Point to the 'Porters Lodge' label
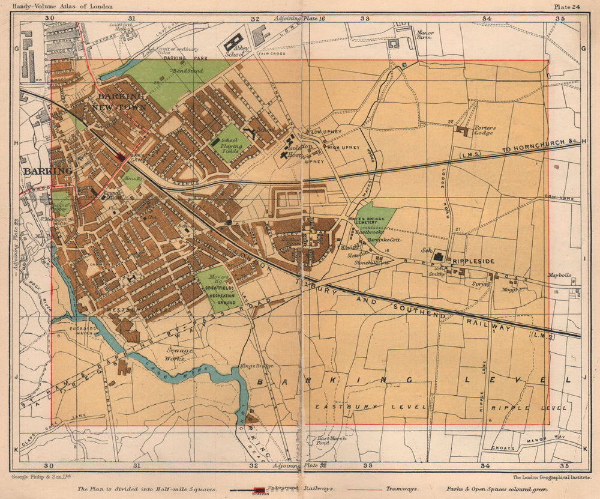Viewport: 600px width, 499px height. click(x=483, y=130)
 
